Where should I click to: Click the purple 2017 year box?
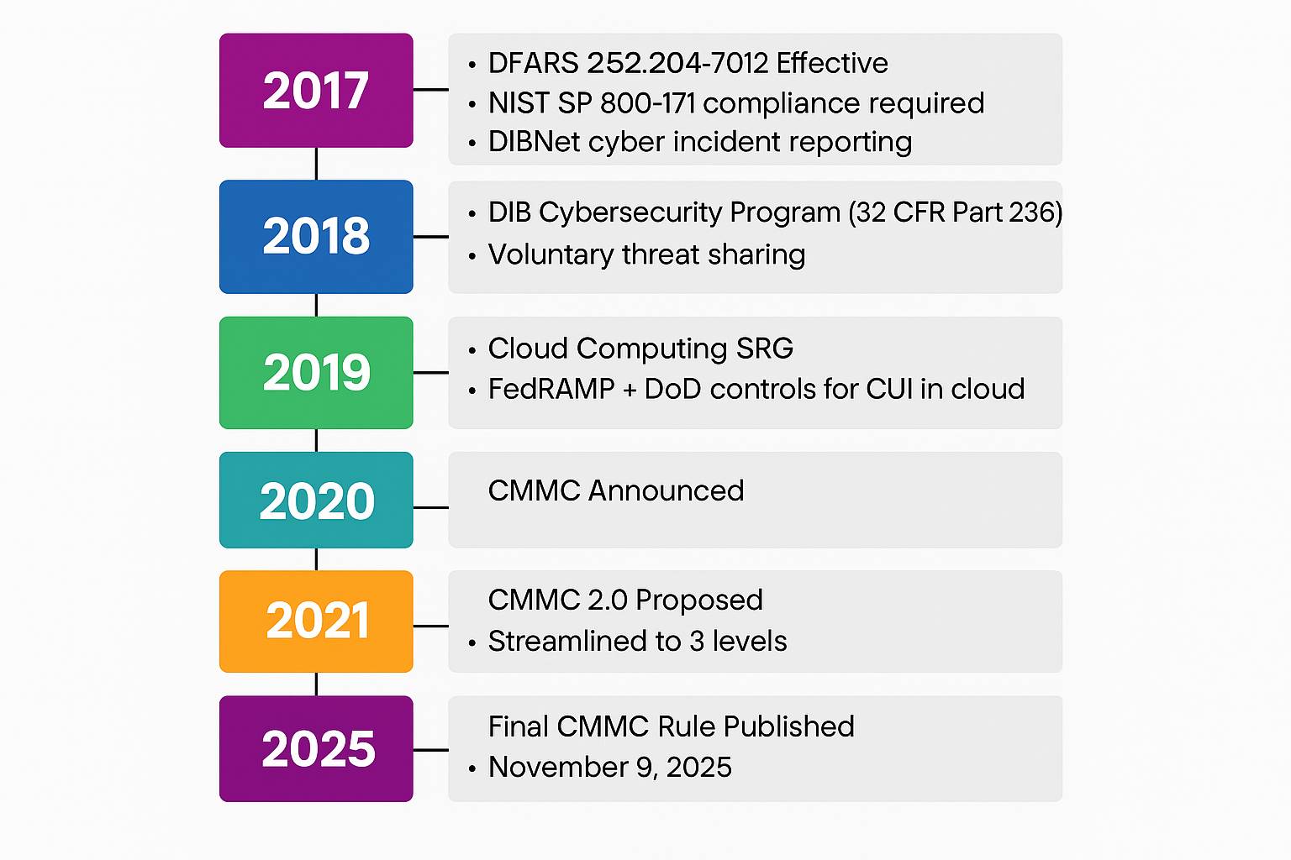tap(316, 91)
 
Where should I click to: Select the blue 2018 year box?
tap(316, 237)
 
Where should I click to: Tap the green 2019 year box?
tap(316, 373)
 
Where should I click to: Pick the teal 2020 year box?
tap(316, 500)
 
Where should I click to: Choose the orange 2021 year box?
tap(316, 621)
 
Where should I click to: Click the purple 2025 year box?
tap(316, 749)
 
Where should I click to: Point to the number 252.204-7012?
tap(677, 63)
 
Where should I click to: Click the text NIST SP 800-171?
tap(592, 103)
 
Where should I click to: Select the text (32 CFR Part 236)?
tap(956, 212)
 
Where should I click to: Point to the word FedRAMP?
tap(551, 389)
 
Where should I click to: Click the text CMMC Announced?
tap(616, 490)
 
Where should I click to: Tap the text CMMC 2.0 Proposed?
tap(625, 600)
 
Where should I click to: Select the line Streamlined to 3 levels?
tap(637, 641)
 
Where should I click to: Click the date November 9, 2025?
tap(609, 768)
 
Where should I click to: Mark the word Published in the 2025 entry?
tap(789, 726)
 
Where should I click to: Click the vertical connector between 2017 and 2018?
tap(316, 164)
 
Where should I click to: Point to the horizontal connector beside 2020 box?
tap(431, 507)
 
